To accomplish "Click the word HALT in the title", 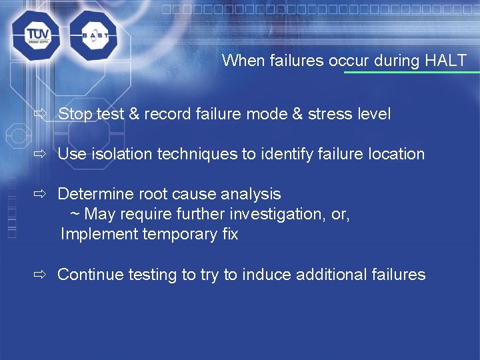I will (446, 61).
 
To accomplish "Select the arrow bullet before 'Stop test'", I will (40, 114).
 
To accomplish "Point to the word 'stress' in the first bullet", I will (329, 114).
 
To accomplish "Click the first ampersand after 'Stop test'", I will (133, 114).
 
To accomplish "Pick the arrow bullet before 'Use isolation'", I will (40, 154).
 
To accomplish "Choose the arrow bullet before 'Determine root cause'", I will (40, 194).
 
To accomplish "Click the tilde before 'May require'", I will (75, 215).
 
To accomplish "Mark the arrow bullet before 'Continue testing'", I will (40, 274).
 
